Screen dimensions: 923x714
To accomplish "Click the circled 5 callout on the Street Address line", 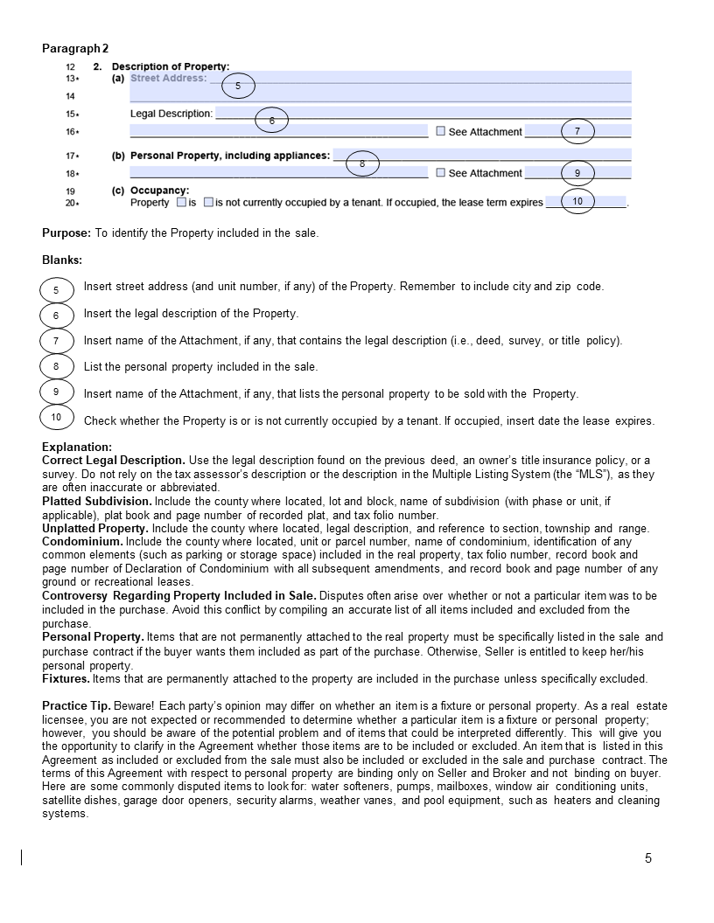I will click(x=238, y=86).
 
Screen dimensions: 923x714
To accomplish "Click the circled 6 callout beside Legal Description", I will click(x=272, y=121).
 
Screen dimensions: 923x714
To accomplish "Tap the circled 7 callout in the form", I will click(x=577, y=131).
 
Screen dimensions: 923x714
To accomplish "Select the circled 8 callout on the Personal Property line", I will click(x=362, y=163).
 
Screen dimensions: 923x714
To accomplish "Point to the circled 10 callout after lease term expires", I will click(x=577, y=201).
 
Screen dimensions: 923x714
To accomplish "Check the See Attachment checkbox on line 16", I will click(x=441, y=131).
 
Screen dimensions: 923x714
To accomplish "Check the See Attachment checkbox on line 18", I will click(x=441, y=172).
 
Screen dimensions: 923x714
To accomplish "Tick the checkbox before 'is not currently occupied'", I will click(x=208, y=202).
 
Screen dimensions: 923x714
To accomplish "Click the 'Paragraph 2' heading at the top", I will click(x=75, y=49).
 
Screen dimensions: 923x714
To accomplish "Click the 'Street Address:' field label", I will click(x=168, y=78).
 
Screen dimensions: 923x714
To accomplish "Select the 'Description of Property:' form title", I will click(x=171, y=66).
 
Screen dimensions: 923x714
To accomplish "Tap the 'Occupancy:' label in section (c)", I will click(x=159, y=191).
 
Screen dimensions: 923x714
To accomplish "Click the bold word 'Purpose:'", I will click(x=66, y=233).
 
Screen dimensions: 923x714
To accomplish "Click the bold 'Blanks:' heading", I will click(x=62, y=260).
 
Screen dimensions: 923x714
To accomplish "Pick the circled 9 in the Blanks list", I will click(x=56, y=392).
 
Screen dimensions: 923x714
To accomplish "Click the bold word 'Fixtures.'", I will click(x=66, y=678).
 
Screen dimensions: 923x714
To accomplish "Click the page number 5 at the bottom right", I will click(x=648, y=858).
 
